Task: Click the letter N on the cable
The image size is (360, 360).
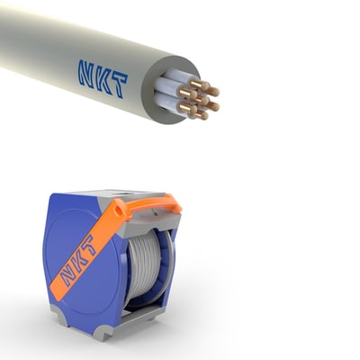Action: (87, 74)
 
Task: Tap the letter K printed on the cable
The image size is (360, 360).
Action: (103, 80)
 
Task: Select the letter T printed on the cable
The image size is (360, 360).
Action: (118, 85)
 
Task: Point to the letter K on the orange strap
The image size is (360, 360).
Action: (78, 259)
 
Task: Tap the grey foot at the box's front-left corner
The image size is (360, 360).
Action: (59, 315)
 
